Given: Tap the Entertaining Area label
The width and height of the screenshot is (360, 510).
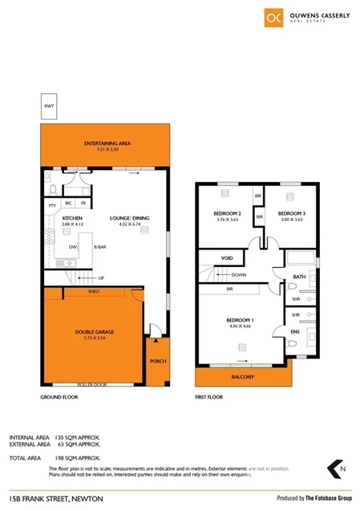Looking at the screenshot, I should pos(107,144).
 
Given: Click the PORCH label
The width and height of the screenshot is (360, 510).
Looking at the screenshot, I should pos(158,361).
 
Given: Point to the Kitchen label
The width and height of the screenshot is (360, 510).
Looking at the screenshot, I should pos(73,217).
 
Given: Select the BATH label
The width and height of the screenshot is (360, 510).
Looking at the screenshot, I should pos(299,277).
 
